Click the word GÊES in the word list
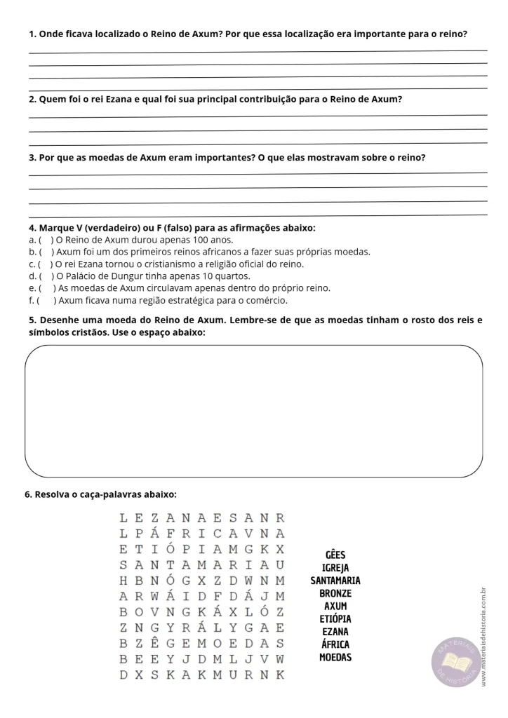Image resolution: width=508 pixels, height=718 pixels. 335,555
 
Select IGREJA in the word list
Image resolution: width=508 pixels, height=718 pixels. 335,568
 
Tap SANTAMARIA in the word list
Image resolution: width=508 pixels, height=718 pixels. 335,581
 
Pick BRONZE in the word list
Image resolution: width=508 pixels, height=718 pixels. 335,593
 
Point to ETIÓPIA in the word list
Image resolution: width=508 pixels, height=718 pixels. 335,619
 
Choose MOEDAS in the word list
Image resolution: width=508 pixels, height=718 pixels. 335,658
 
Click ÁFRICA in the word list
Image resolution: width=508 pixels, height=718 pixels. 335,644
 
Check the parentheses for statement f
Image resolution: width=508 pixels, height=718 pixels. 45,301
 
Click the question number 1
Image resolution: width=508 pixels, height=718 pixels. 32,34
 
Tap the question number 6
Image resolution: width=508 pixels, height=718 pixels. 28,494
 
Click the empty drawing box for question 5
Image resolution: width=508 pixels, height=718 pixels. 254,411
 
